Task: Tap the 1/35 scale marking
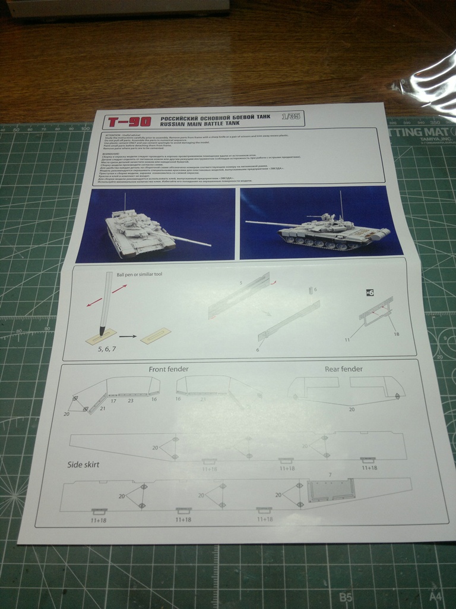[292, 117]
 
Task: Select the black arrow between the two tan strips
[129, 337]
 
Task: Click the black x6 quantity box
[370, 292]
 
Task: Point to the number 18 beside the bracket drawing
[396, 334]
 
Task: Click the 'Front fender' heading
[169, 369]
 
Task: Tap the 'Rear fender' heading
[343, 369]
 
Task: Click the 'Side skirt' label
[84, 464]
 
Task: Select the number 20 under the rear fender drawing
[352, 409]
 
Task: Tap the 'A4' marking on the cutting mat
[435, 597]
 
